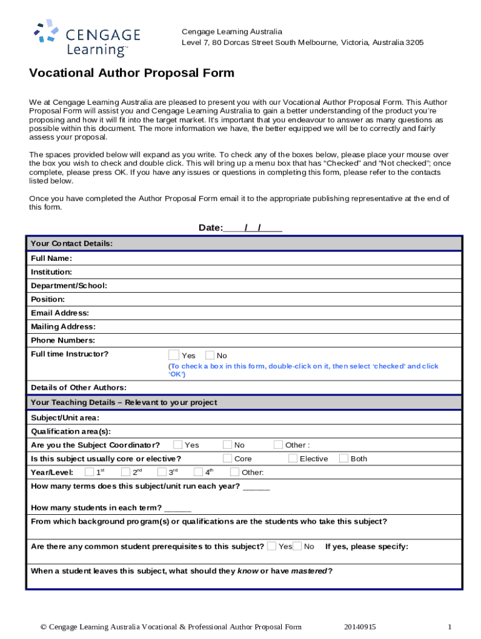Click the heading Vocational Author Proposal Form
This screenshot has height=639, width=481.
point(132,73)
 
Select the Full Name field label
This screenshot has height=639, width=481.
point(51,258)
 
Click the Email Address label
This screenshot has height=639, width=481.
point(59,313)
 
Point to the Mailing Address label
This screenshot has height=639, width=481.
point(63,326)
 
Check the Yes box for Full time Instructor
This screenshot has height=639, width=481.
point(174,355)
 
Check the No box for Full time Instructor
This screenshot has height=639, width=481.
point(210,355)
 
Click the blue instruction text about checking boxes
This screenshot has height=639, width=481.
point(303,370)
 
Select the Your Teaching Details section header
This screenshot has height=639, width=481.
point(124,402)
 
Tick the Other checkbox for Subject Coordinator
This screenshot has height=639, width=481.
point(278,445)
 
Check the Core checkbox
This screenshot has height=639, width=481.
point(227,459)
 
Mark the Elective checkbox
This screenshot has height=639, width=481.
point(292,459)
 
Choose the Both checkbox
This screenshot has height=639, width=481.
point(344,459)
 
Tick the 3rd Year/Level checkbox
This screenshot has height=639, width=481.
point(162,472)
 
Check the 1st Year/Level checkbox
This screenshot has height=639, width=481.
point(89,472)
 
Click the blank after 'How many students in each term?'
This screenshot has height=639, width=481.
point(179,507)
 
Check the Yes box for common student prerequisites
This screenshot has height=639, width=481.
point(272,546)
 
